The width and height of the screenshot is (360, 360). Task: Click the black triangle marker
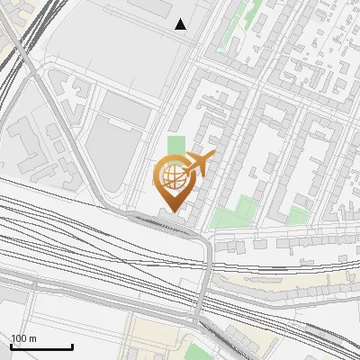(x=181, y=24)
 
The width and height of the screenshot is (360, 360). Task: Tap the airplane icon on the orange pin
(x=199, y=165)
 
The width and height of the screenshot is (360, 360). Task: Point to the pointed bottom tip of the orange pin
(x=172, y=211)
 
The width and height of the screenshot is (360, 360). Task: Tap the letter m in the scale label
(x=33, y=338)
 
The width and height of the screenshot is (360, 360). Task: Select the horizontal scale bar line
(x=41, y=346)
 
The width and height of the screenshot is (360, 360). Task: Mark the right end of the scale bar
(x=72, y=346)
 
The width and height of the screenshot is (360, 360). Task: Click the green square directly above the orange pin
(x=175, y=145)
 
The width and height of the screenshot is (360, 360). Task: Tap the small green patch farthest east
(x=296, y=215)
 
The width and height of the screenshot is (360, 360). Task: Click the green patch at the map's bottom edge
(x=197, y=351)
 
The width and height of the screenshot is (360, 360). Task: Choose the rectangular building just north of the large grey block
(x=125, y=110)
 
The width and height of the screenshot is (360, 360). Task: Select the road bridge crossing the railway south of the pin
(x=207, y=270)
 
